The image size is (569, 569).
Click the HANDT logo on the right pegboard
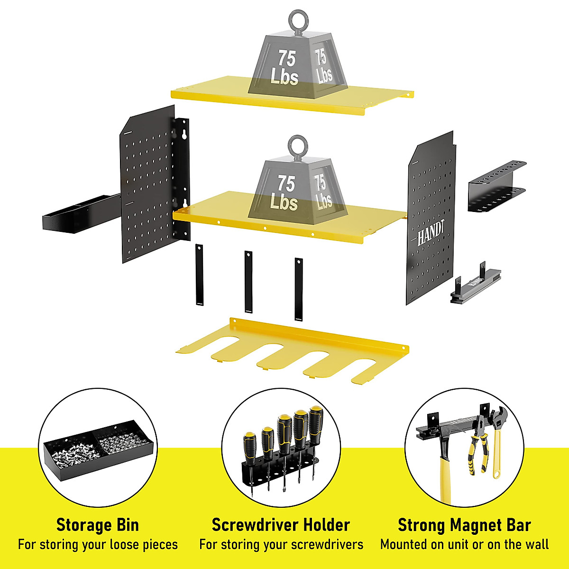431,233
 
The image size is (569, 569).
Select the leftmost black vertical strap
199,275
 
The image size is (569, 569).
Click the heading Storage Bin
98,525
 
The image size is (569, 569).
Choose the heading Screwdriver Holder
281,525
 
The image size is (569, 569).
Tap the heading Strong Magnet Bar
464,525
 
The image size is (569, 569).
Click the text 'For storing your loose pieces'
98,544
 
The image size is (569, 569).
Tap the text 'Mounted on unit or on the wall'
464,544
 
